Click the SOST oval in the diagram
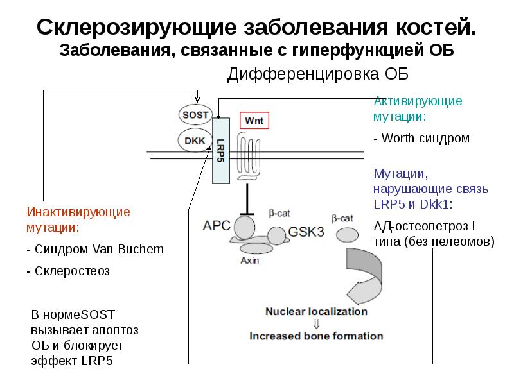click(195, 114)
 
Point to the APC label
click(217, 225)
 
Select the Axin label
click(250, 261)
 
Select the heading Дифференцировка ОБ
click(317, 74)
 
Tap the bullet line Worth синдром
click(421, 138)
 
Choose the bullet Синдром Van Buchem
click(94, 249)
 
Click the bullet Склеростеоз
click(68, 271)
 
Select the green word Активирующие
click(418, 101)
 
